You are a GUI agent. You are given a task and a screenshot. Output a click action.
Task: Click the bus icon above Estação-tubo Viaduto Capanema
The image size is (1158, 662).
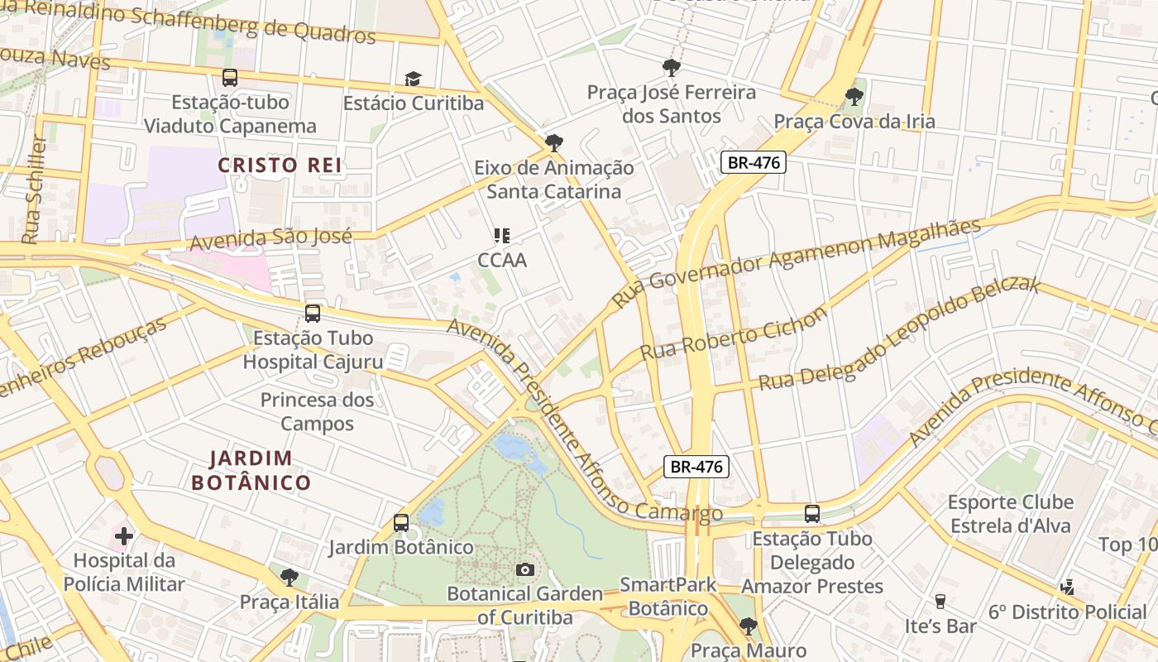(230, 78)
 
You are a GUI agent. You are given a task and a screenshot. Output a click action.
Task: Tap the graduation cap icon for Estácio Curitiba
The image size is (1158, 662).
(412, 79)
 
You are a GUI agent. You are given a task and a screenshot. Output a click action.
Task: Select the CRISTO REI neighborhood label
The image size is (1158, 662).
(280, 165)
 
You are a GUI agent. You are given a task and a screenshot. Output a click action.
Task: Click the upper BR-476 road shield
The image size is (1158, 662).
(752, 162)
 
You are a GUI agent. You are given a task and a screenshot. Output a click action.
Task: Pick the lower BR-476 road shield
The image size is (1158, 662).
(696, 467)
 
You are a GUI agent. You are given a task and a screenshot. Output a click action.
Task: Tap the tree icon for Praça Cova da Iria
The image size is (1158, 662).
(854, 97)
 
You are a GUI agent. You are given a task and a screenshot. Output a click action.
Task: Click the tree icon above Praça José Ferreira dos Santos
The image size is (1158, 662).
(671, 68)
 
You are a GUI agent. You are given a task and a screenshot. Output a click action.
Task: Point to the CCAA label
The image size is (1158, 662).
(502, 260)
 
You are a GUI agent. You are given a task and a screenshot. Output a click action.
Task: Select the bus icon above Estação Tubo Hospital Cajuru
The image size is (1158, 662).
(312, 314)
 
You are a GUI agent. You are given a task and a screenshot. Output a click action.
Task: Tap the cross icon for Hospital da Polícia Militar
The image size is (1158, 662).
(123, 536)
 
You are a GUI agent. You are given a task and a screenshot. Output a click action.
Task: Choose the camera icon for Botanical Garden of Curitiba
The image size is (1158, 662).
(524, 569)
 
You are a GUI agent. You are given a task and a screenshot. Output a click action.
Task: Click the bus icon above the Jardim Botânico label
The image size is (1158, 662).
(401, 523)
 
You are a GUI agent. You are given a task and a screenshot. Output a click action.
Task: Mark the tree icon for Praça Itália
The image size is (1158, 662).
(289, 577)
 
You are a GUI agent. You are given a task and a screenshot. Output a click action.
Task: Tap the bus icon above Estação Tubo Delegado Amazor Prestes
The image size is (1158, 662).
(811, 514)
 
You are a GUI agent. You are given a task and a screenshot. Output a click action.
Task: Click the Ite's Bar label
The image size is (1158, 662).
(940, 626)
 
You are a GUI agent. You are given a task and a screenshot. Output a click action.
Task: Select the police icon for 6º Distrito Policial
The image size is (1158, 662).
(1067, 588)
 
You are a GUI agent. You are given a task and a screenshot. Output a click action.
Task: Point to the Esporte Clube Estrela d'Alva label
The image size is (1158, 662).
(1010, 514)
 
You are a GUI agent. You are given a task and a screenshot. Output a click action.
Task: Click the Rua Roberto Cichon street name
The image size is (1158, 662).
(733, 333)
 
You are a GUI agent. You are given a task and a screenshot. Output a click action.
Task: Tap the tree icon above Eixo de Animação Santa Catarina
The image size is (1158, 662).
(553, 142)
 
